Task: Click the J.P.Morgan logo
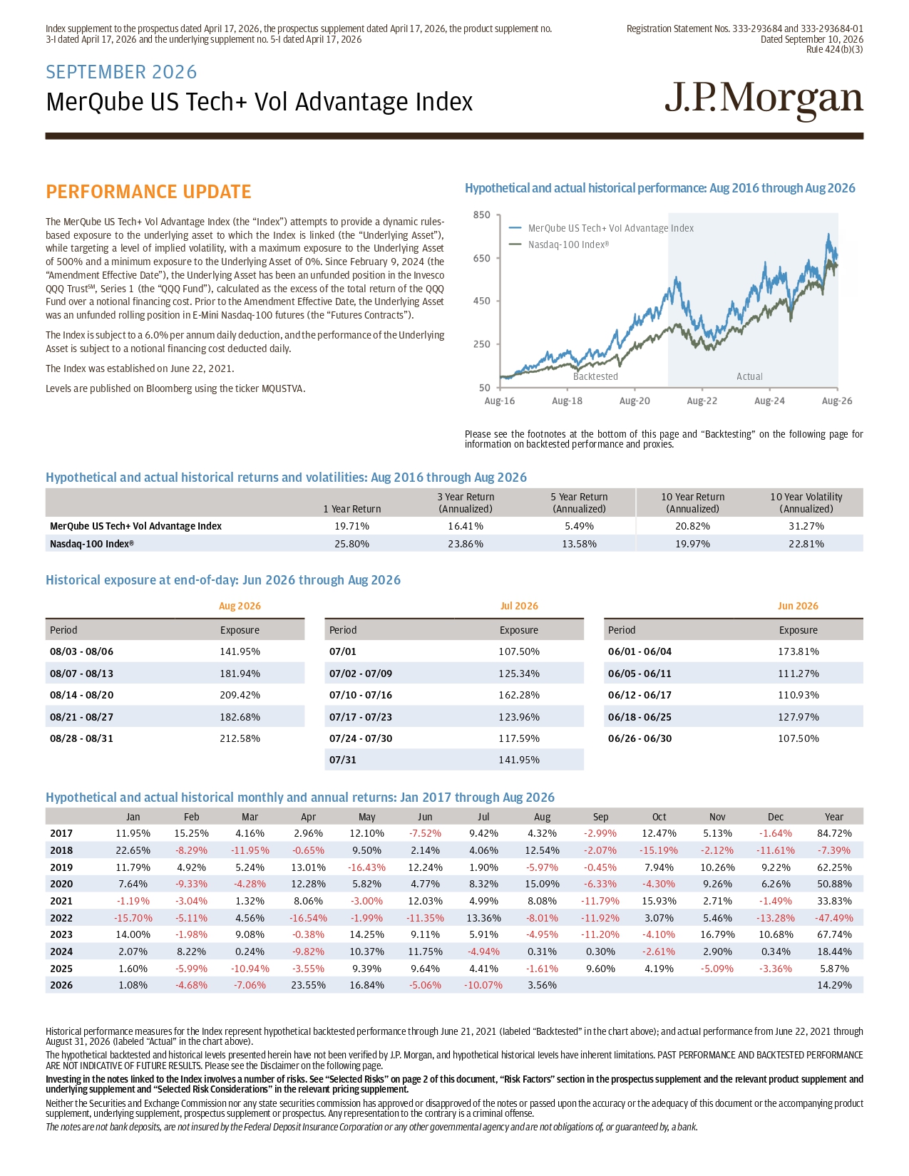(x=764, y=101)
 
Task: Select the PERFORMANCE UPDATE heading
(x=148, y=192)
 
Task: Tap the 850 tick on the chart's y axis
(x=481, y=215)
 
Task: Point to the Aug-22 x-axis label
(x=702, y=401)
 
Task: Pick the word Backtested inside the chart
(x=595, y=376)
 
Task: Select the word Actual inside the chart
(x=749, y=376)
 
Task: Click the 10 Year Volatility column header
(x=806, y=502)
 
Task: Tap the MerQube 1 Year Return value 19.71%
(x=352, y=526)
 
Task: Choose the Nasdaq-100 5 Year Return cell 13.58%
(x=579, y=543)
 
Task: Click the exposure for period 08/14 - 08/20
(x=240, y=695)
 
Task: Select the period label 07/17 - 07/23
(x=361, y=716)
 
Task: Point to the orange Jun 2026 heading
(x=798, y=606)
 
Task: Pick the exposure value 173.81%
(x=798, y=651)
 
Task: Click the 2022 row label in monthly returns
(x=61, y=918)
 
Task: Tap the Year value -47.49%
(x=833, y=918)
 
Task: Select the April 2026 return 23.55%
(x=308, y=985)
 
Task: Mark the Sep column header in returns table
(x=600, y=817)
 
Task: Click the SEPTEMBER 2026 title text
(x=121, y=72)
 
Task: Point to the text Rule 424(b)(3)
(x=834, y=49)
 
